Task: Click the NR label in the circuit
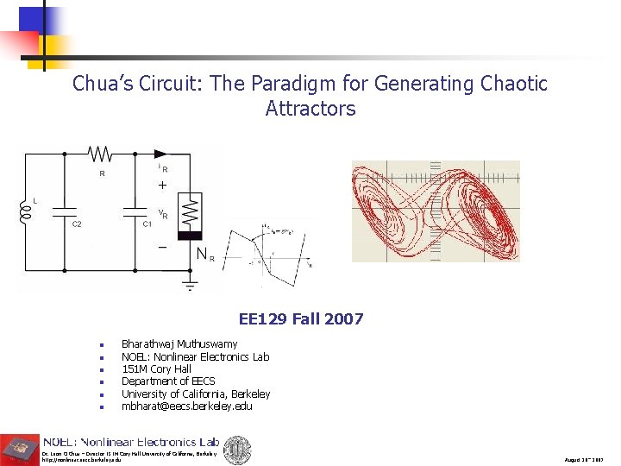pos(205,254)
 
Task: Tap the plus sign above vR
pos(161,186)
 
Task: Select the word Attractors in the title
pos(310,109)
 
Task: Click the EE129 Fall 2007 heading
pos(301,319)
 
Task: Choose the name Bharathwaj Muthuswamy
pos(179,344)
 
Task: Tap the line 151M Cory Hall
pos(156,368)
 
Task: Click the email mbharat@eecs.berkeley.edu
pos(186,406)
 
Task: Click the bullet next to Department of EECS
pos(102,381)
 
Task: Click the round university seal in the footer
pos(238,450)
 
